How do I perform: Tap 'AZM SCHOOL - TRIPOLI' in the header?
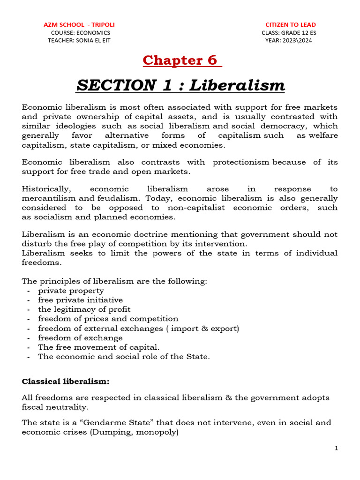pyautogui.click(x=79, y=24)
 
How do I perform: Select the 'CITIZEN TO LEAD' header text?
pyautogui.click(x=291, y=24)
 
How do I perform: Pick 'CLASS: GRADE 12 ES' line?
pyautogui.click(x=287, y=32)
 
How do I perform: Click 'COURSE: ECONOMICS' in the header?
pyautogui.click(x=80, y=32)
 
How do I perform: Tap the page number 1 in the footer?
pyautogui.click(x=337, y=449)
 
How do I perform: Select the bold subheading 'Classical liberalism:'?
pyautogui.click(x=66, y=382)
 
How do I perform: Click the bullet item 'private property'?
pyautogui.click(x=71, y=291)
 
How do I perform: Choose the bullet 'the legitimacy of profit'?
pyautogui.click(x=84, y=309)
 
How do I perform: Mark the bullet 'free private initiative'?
pyautogui.click(x=80, y=300)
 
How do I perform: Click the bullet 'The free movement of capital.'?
pyautogui.click(x=99, y=347)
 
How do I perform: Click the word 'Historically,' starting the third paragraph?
pyautogui.click(x=46, y=189)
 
